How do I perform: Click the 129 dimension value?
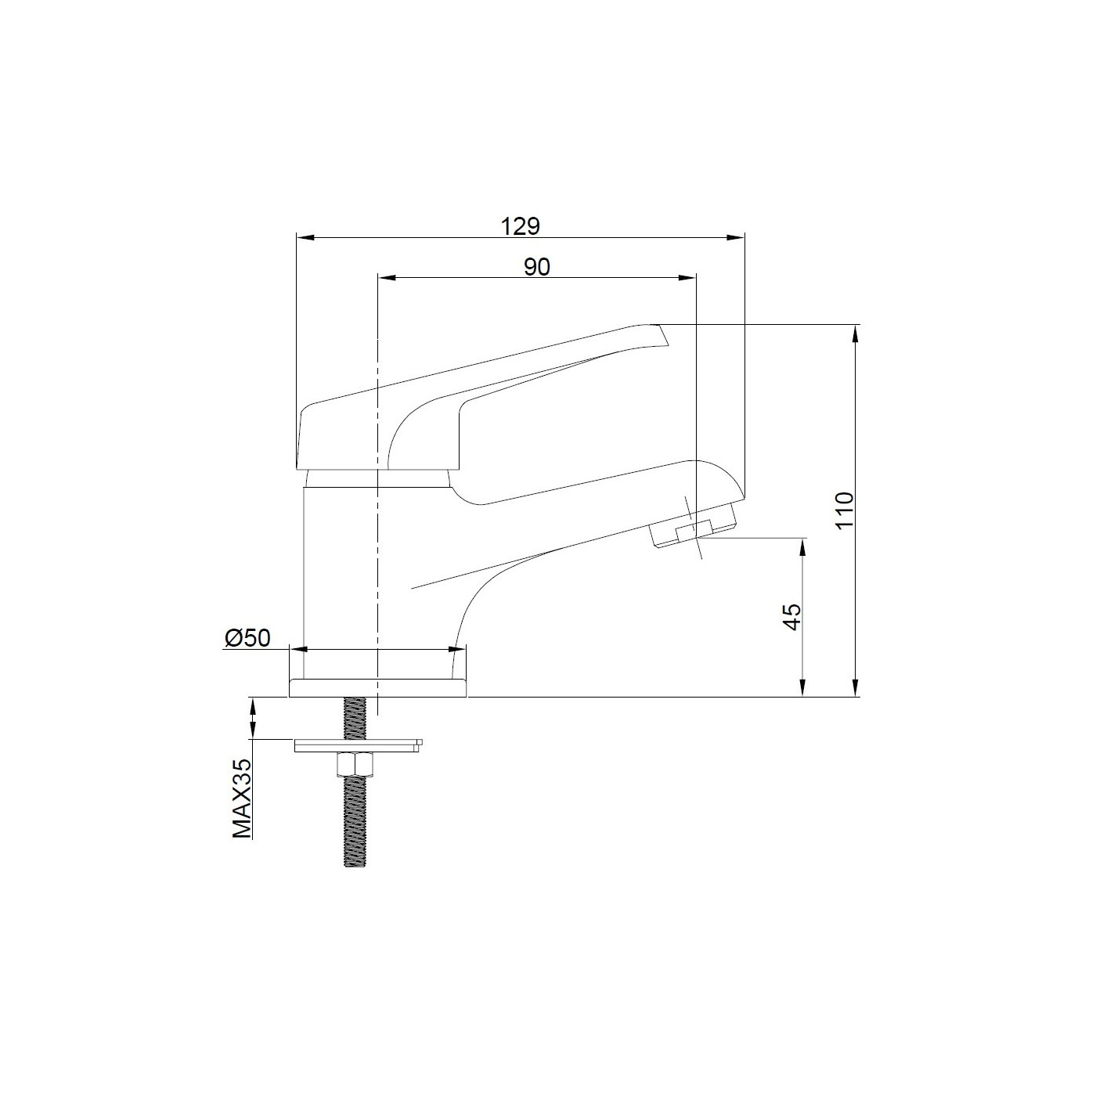pyautogui.click(x=521, y=226)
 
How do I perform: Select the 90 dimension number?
pyautogui.click(x=536, y=267)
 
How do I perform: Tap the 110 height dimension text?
pyautogui.click(x=843, y=510)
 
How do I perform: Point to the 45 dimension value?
pyautogui.click(x=792, y=617)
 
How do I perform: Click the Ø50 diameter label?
pyautogui.click(x=247, y=638)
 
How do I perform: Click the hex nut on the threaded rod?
pyautogui.click(x=356, y=763)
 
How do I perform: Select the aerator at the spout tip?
pyautogui.click(x=693, y=532)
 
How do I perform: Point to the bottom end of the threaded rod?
pyautogui.click(x=356, y=861)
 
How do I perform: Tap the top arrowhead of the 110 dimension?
pyautogui.click(x=856, y=332)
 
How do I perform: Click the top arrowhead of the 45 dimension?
pyautogui.click(x=802, y=545)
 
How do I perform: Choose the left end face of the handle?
pyautogui.click(x=301, y=438)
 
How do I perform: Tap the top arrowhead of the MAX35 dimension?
pyautogui.click(x=252, y=705)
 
